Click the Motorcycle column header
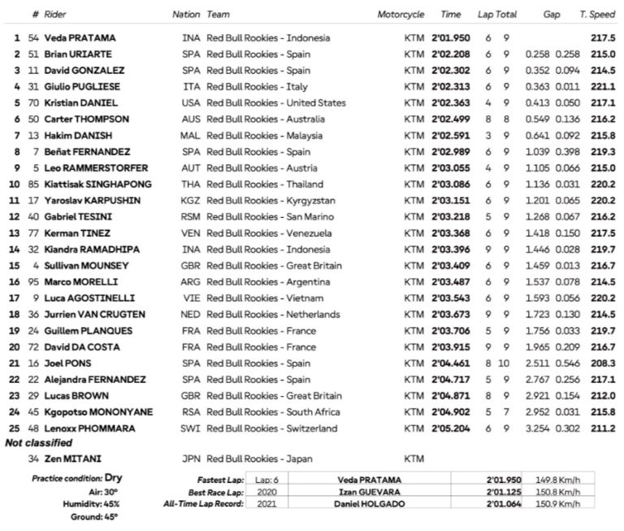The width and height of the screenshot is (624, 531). [x=401, y=15]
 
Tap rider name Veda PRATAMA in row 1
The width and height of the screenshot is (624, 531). [x=80, y=38]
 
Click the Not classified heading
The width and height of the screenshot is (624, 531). [x=37, y=443]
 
